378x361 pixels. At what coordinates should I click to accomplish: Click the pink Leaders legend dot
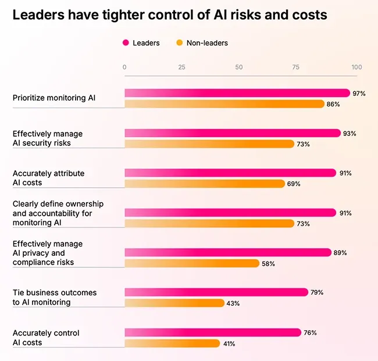126,43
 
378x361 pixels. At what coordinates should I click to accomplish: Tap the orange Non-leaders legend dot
180,43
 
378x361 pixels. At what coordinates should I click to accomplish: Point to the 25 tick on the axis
182,67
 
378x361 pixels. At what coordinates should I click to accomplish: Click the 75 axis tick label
296,67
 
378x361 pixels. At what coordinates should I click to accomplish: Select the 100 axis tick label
356,67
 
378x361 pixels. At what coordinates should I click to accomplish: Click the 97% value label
359,94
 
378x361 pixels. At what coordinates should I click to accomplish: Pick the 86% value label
333,105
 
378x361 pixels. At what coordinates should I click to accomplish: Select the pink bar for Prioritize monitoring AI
237,93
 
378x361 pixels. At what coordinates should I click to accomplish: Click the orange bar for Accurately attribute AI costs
205,184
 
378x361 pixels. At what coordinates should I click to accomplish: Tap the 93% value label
350,134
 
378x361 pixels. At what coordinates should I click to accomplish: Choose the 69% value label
294,184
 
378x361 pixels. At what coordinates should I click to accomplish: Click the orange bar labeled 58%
192,263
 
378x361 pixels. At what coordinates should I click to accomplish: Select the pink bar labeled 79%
216,292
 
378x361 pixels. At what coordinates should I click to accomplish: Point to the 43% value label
233,303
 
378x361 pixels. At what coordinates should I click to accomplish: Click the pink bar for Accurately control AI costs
213,333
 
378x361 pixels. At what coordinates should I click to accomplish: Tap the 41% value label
229,344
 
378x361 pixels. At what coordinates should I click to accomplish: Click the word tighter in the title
123,15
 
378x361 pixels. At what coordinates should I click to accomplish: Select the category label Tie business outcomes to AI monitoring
55,297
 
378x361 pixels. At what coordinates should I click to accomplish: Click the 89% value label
340,253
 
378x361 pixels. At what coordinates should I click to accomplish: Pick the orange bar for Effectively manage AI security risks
209,144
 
